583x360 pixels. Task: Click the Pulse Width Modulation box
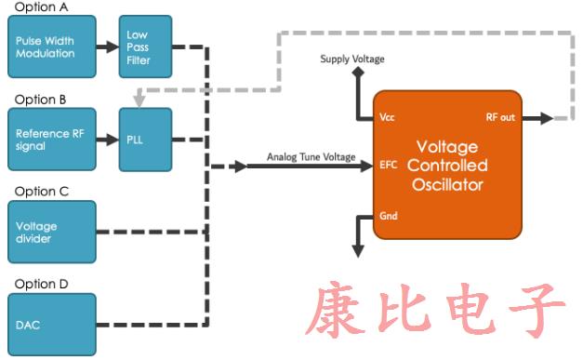[51, 47]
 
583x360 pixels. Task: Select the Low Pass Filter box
[144, 47]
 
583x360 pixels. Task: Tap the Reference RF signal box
[51, 140]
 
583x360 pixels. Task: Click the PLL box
[144, 140]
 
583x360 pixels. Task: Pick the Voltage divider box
[51, 232]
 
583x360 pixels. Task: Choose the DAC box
[51, 323]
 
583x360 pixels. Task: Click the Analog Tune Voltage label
[311, 156]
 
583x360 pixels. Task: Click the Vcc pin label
[388, 118]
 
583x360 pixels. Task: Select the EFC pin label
[389, 166]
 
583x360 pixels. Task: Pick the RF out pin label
[500, 118]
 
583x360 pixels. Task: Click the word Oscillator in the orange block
[447, 185]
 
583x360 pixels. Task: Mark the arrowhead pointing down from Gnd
[357, 248]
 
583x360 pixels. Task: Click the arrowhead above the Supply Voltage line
[357, 76]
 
